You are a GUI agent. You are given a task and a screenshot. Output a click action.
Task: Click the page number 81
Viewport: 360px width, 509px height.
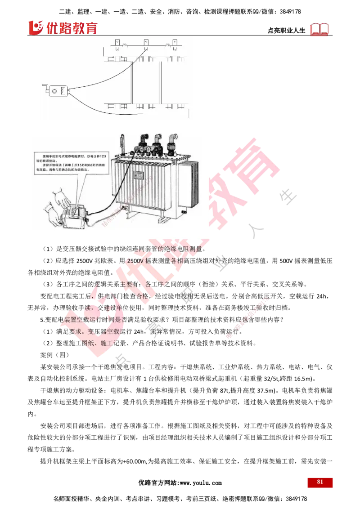[x=320, y=482]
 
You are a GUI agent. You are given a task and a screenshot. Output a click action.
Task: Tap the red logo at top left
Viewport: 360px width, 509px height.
[x=63, y=27]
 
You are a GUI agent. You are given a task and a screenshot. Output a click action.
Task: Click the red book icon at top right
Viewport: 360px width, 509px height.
[x=319, y=29]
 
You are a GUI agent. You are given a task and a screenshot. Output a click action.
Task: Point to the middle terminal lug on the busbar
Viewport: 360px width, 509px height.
[x=145, y=43]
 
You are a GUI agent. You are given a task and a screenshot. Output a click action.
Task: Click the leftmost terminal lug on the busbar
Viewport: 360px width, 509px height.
[x=116, y=43]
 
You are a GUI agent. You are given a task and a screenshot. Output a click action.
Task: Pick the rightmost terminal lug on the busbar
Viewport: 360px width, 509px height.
[x=175, y=43]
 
